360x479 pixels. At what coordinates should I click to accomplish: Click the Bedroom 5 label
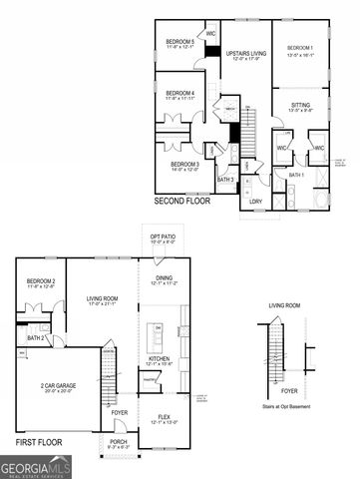[x=179, y=42]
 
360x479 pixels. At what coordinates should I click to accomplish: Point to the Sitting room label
[x=299, y=105]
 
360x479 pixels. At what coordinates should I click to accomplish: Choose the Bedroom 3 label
[x=184, y=164]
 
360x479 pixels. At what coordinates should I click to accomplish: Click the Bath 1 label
[x=297, y=175]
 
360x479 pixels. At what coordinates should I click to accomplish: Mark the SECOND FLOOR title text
[x=182, y=201]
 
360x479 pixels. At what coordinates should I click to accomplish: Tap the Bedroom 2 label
[x=41, y=282]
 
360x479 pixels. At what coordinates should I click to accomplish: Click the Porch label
[x=119, y=444]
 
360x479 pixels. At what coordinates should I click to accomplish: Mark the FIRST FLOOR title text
[x=40, y=439]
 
